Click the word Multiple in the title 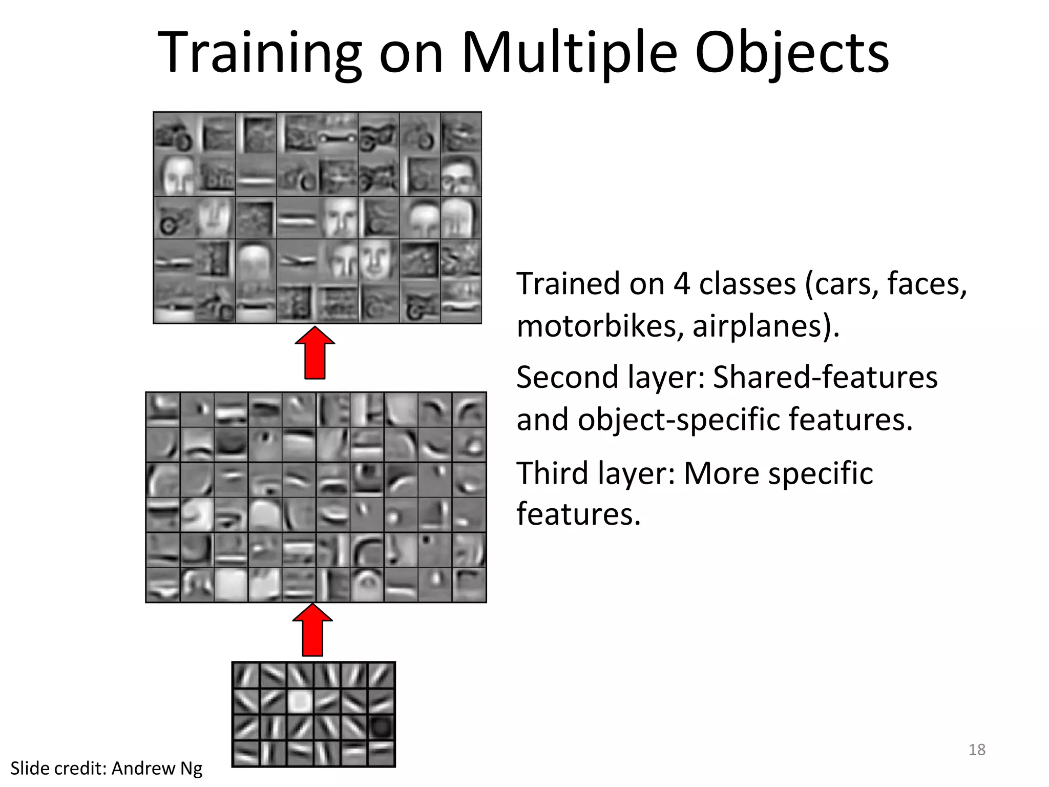[x=569, y=53]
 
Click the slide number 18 [x=977, y=750]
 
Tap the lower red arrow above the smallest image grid [x=312, y=630]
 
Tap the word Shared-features [x=825, y=377]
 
